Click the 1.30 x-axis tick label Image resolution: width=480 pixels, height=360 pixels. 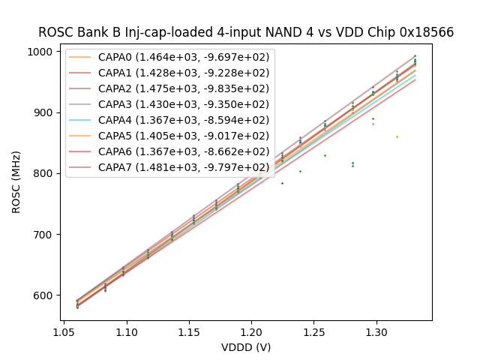376,331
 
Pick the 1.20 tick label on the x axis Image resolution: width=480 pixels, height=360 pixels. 251,331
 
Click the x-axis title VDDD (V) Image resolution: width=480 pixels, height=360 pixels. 245,347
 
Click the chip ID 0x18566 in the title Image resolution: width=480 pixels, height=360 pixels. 428,32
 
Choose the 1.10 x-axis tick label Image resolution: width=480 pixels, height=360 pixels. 126,331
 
